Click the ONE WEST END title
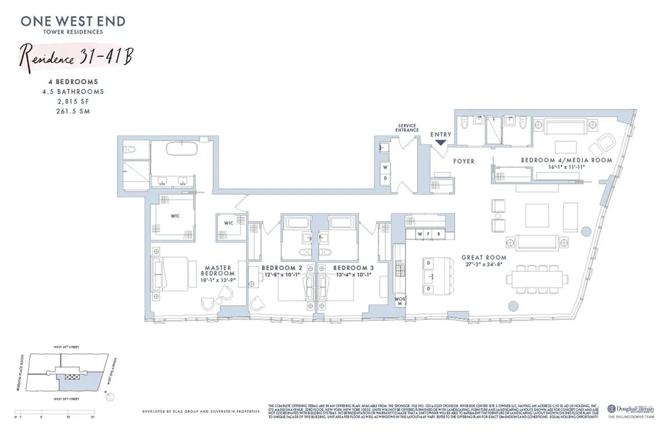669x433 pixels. click(73, 21)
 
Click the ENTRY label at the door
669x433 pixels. click(440, 134)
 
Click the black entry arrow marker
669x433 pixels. click(440, 143)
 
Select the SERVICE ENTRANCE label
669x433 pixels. click(407, 128)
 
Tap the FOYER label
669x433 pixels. click(463, 161)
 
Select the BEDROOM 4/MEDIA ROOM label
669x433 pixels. click(566, 160)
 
